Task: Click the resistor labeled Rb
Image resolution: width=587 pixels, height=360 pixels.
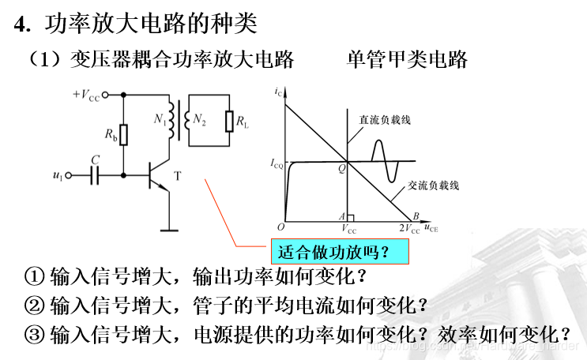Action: [x=124, y=135]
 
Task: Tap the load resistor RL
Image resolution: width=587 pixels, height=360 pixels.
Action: [x=229, y=122]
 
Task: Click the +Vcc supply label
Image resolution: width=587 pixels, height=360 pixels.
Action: [x=87, y=96]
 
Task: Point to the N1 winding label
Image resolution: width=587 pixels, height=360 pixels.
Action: [x=160, y=121]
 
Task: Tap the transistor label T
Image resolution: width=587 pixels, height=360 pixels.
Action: [x=177, y=175]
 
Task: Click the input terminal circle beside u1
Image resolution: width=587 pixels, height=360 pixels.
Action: [x=69, y=175]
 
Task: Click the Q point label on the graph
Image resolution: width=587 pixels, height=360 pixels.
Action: [x=342, y=168]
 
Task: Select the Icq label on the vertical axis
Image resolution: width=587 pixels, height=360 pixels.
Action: [x=277, y=163]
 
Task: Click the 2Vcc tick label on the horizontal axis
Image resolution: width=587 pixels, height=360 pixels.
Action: [x=409, y=230]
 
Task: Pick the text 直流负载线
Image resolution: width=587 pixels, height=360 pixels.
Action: [x=386, y=120]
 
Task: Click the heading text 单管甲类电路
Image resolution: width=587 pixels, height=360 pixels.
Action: [x=407, y=59]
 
